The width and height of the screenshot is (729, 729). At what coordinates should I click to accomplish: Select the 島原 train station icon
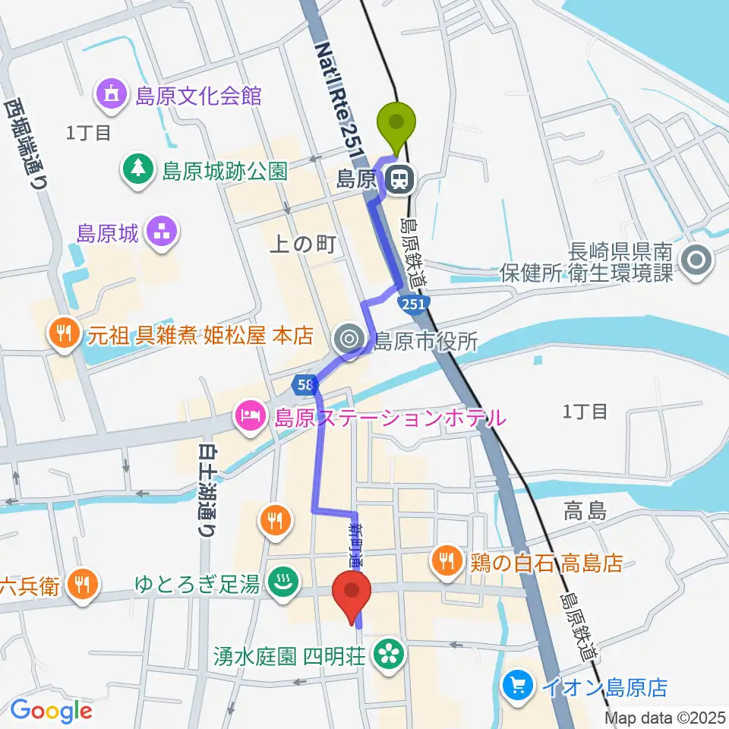pyautogui.click(x=398, y=180)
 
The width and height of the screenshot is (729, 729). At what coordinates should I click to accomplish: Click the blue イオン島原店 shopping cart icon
pyautogui.click(x=519, y=688)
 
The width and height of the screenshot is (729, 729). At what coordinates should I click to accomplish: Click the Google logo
pyautogui.click(x=51, y=711)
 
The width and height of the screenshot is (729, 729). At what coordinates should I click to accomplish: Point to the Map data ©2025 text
pyautogui.click(x=665, y=718)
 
